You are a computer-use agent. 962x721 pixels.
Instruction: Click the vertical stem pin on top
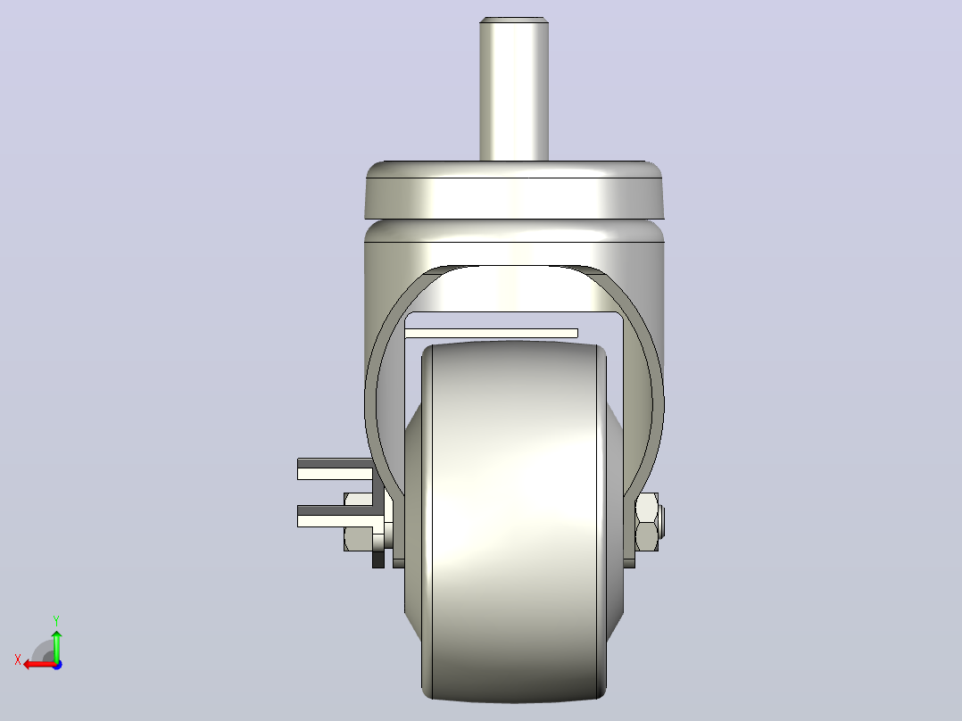(513, 89)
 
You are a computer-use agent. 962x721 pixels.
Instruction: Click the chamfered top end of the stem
(513, 21)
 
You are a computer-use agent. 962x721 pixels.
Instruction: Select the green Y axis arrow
(56, 644)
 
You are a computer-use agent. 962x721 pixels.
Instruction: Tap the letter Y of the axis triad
(56, 620)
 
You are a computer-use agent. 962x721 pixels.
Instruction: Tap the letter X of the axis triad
(18, 659)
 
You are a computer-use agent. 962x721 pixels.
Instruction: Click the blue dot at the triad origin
(57, 665)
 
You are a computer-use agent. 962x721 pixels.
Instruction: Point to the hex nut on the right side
(647, 522)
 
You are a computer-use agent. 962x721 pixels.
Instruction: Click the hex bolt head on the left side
(359, 522)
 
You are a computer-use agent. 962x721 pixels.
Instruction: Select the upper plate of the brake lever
(335, 468)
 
